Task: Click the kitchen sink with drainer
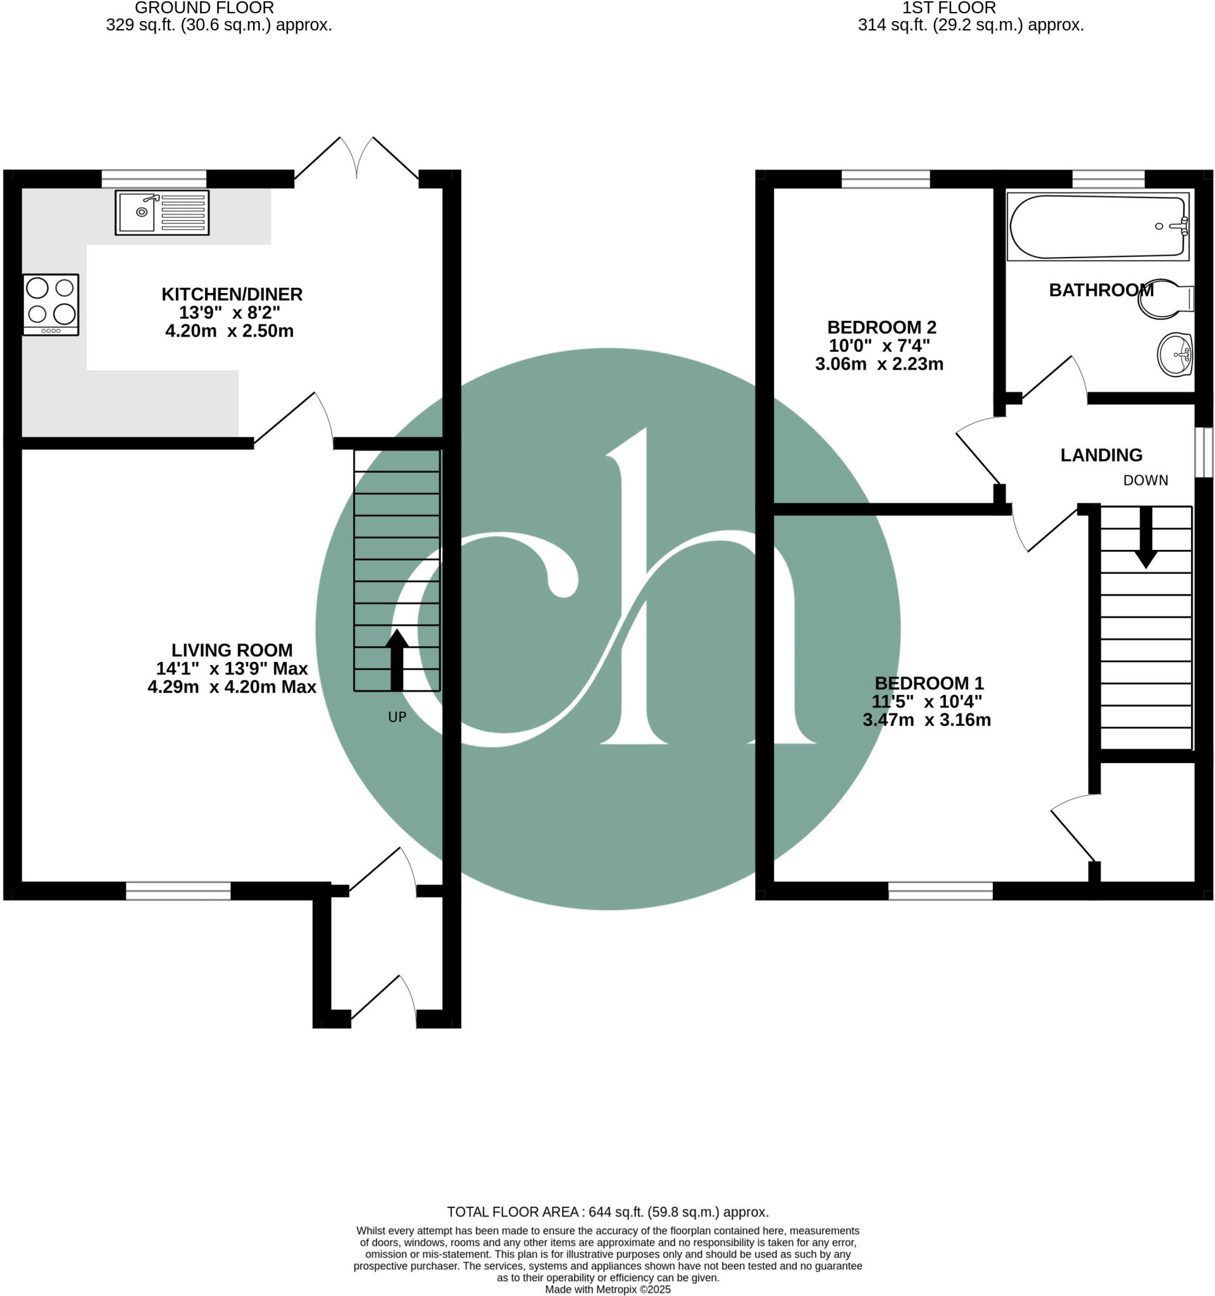[x=161, y=213]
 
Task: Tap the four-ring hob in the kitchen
[x=51, y=304]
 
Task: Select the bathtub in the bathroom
[x=1098, y=226]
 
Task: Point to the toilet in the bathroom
[x=1167, y=299]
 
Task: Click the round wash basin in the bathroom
[x=1174, y=354]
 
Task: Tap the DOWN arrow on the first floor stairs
[x=1145, y=538]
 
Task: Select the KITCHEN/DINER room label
[x=232, y=294]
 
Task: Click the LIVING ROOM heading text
[x=232, y=650]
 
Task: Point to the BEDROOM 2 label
[x=882, y=327]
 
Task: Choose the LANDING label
[x=1101, y=455]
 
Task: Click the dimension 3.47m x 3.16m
[x=926, y=720]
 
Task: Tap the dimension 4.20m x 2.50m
[x=230, y=330]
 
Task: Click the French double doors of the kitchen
[x=356, y=159]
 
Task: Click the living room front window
[x=178, y=890]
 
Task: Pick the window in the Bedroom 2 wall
[x=885, y=178]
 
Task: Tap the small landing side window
[x=1203, y=452]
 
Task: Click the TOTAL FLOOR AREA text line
[x=607, y=1212]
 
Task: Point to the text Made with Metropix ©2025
[x=607, y=1290]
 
